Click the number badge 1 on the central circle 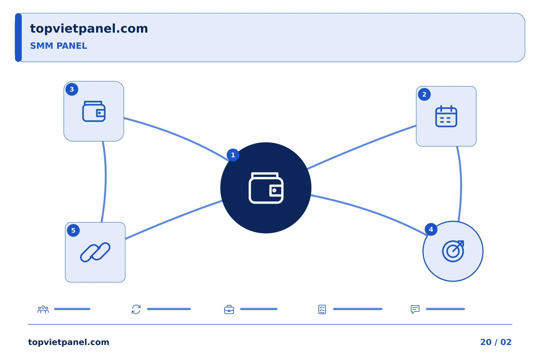click(x=233, y=155)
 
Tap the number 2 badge click(x=424, y=94)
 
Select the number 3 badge click(x=72, y=89)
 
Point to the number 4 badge click(x=431, y=229)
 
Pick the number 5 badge click(x=73, y=230)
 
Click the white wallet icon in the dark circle click(x=266, y=188)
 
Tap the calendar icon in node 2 click(x=446, y=116)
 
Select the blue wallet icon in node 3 click(x=94, y=111)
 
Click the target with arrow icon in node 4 click(x=453, y=251)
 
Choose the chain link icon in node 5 click(x=95, y=252)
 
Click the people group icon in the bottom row click(x=43, y=309)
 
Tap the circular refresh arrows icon click(x=136, y=309)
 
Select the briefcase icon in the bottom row click(x=229, y=309)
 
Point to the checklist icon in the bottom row click(x=322, y=309)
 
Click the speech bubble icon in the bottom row click(x=415, y=309)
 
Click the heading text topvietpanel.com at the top click(x=89, y=29)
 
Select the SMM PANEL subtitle click(x=58, y=46)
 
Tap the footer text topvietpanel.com click(x=69, y=342)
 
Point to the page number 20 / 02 click(x=496, y=342)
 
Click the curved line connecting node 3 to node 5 click(x=106, y=181)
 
